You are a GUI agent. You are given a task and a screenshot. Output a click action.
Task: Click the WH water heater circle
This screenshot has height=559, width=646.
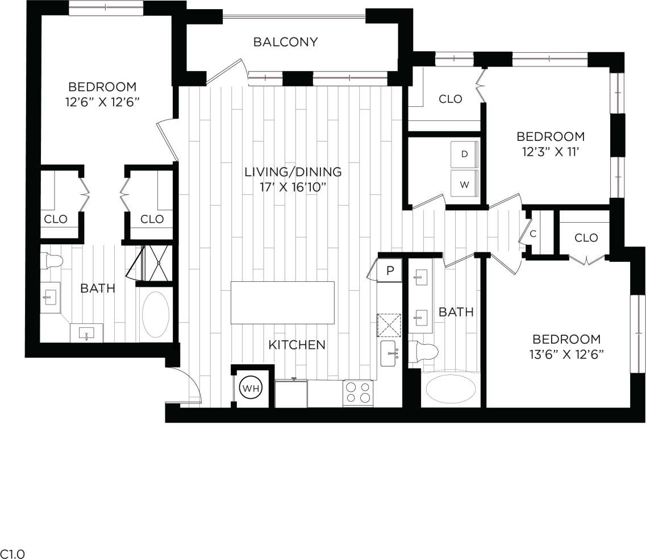tap(251, 389)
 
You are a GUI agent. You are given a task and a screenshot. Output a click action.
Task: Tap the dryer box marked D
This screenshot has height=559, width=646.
tap(464, 155)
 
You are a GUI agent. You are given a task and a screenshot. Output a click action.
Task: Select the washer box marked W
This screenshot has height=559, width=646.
tap(464, 184)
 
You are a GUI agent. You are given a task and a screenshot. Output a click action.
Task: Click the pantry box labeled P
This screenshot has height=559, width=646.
tap(390, 270)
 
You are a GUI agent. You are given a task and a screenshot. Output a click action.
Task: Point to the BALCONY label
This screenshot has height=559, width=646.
tap(285, 42)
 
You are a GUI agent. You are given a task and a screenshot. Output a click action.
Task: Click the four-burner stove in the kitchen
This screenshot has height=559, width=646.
tap(358, 392)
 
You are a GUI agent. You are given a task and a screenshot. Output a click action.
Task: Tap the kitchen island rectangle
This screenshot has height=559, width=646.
tap(282, 302)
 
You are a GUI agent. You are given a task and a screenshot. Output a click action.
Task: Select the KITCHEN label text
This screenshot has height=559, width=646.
tap(297, 345)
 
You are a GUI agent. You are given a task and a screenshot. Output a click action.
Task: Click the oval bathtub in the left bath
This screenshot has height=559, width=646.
tap(155, 314)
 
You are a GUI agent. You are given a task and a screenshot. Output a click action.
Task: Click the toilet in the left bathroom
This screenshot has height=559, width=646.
tap(53, 261)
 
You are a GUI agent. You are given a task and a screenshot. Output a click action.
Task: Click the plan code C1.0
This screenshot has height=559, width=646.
tap(12, 553)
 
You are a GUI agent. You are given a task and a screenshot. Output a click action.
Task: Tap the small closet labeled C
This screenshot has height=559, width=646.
tap(534, 233)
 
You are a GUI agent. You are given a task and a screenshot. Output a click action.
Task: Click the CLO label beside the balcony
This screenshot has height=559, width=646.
tap(451, 99)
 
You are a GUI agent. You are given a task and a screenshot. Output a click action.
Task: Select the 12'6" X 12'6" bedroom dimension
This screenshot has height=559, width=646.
tap(102, 102)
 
